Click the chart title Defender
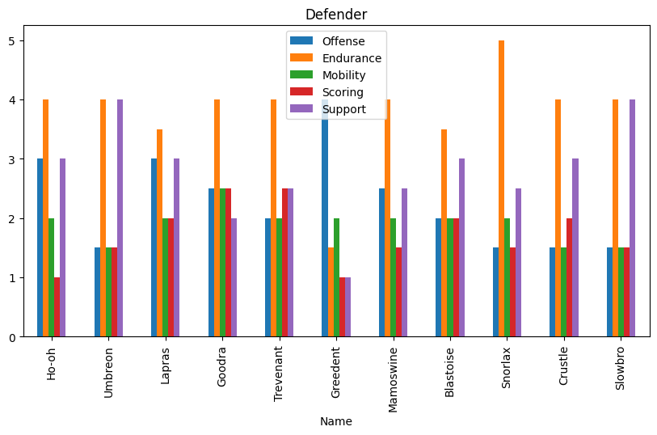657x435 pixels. (x=335, y=15)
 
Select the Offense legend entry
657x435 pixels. (x=343, y=41)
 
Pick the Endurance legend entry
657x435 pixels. (x=351, y=58)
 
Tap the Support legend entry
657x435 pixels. (x=343, y=109)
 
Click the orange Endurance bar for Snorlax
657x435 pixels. (x=501, y=188)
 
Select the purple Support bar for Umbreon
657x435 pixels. (x=120, y=218)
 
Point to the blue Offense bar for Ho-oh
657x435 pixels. (x=40, y=247)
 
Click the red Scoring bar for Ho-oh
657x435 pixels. (x=57, y=307)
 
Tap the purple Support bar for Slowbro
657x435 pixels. (x=633, y=218)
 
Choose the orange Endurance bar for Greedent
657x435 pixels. (x=331, y=292)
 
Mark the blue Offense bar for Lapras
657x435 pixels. (x=154, y=247)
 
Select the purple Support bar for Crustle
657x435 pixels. (x=575, y=247)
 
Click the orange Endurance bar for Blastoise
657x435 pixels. (x=444, y=233)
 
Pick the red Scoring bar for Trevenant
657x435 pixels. (x=284, y=263)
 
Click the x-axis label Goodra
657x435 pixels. (x=221, y=368)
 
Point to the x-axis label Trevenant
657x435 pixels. (x=279, y=374)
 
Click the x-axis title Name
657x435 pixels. (x=335, y=421)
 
